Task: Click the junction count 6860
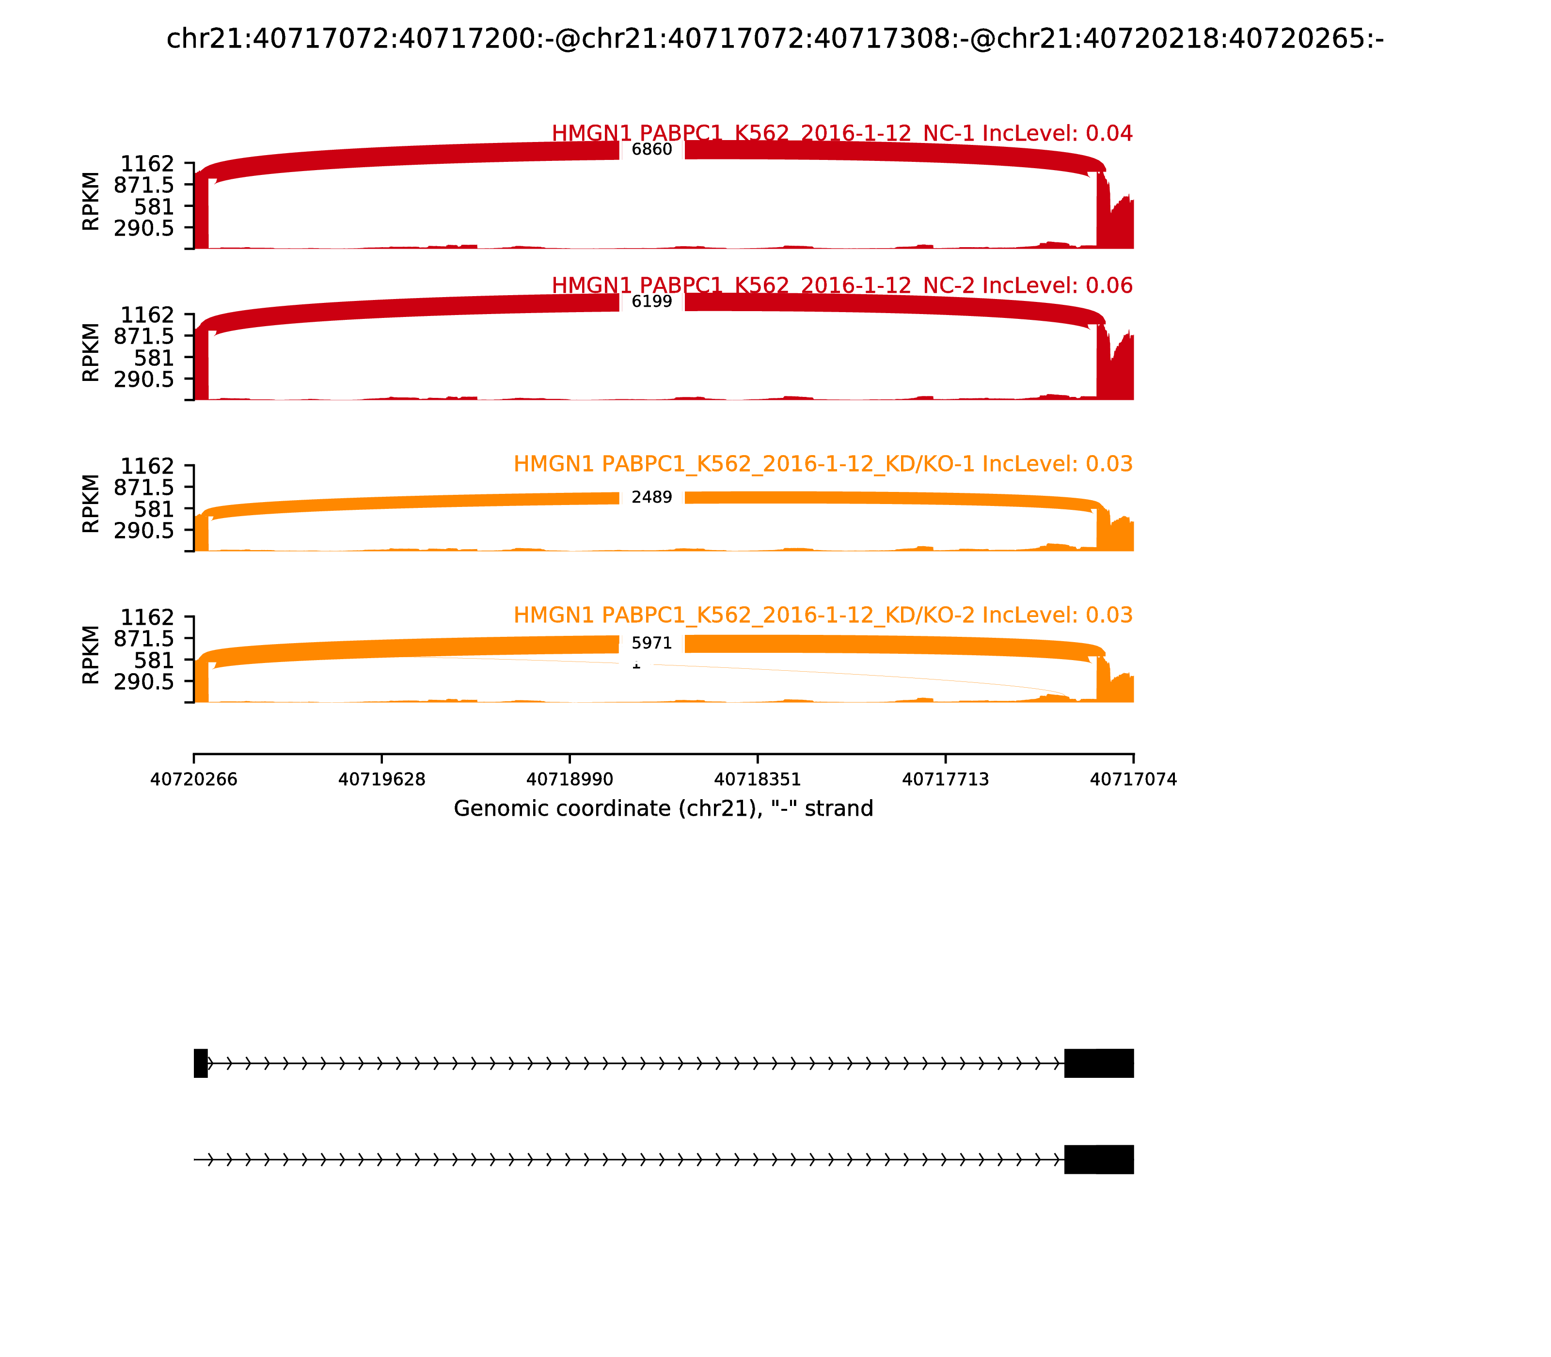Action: click(x=651, y=149)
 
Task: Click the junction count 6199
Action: click(x=651, y=301)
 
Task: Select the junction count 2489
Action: click(x=651, y=498)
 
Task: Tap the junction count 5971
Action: click(x=651, y=644)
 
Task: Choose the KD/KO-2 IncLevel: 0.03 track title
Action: click(x=823, y=615)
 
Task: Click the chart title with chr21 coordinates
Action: click(x=775, y=39)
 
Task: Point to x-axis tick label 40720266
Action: click(x=194, y=780)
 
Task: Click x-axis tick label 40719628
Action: click(x=382, y=780)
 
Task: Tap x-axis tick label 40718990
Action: click(x=570, y=780)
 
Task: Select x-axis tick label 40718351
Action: click(x=757, y=780)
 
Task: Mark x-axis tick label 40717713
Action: click(x=945, y=780)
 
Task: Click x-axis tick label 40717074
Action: click(x=1133, y=780)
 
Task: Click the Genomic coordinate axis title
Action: click(x=664, y=809)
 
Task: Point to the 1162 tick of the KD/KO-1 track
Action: click(x=148, y=466)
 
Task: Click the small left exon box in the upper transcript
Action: click(x=201, y=1063)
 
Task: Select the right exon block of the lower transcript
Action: click(x=1099, y=1159)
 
